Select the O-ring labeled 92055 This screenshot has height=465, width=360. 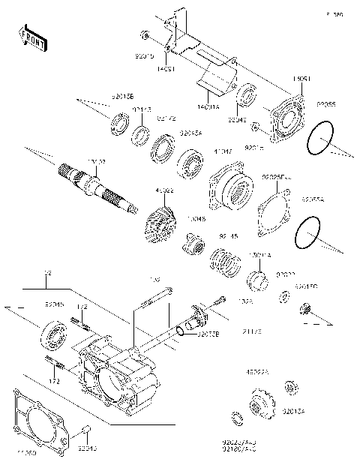pos(319,140)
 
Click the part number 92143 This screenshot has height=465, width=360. pos(143,109)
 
